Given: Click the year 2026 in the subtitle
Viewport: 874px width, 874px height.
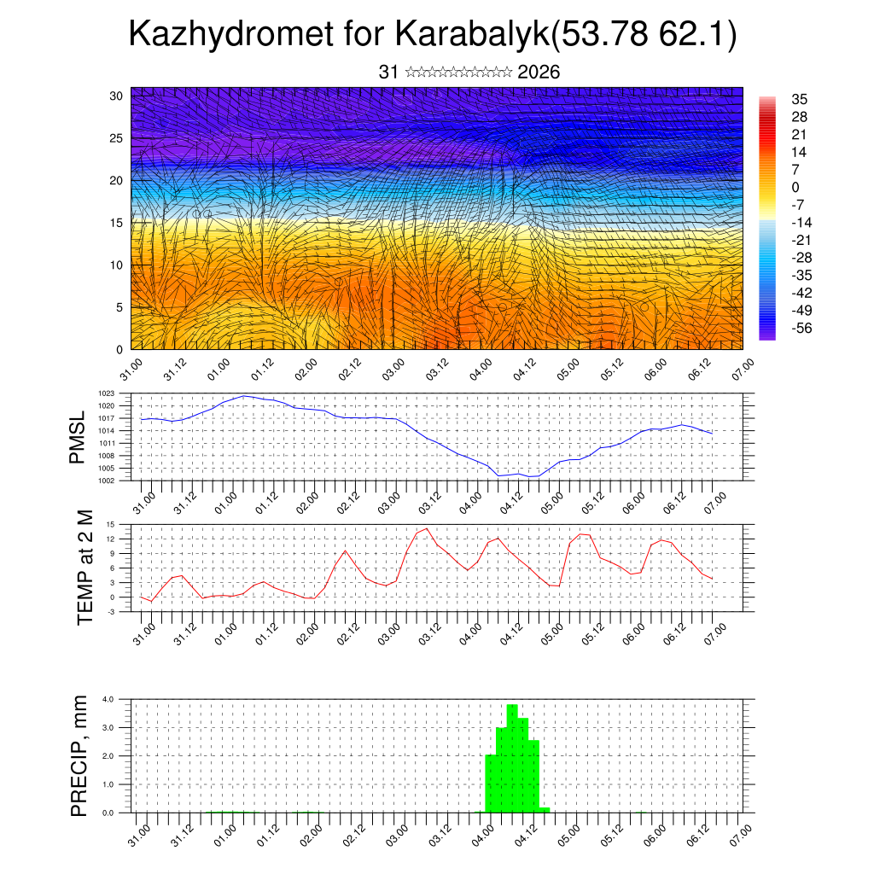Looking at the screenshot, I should pyautogui.click(x=539, y=72).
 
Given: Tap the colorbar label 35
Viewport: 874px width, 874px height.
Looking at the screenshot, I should pyautogui.click(x=800, y=99).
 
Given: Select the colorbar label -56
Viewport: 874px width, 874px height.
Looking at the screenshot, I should pyautogui.click(x=803, y=328).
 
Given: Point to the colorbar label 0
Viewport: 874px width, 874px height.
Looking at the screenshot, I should pyautogui.click(x=795, y=187).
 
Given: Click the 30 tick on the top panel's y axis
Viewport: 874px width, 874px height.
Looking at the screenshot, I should pyautogui.click(x=117, y=96).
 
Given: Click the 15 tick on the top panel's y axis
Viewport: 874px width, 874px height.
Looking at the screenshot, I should pyautogui.click(x=117, y=223).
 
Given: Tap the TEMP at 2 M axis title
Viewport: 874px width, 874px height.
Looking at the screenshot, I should pyautogui.click(x=85, y=568).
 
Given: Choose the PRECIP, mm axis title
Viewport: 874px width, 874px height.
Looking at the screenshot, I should pyautogui.click(x=79, y=755).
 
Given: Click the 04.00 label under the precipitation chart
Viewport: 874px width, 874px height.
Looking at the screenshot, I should pyautogui.click(x=481, y=832).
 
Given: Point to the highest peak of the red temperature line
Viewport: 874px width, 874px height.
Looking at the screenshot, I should pyautogui.click(x=427, y=528).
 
